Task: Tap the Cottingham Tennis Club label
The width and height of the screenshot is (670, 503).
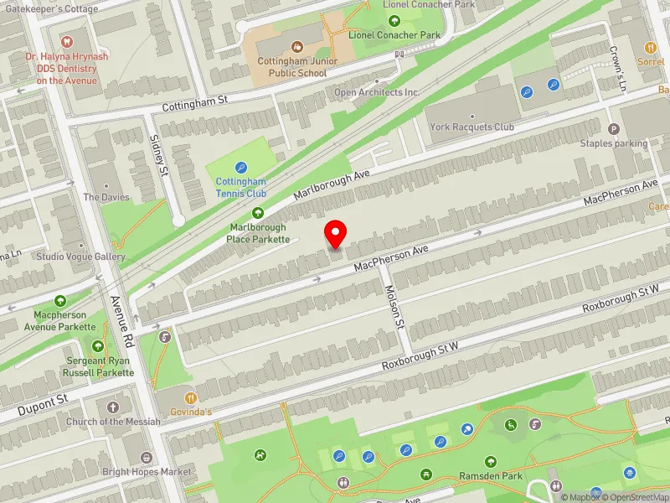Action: tap(241, 187)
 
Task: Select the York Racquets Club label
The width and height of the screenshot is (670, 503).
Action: tap(472, 127)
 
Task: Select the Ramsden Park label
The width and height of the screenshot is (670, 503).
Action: tap(491, 476)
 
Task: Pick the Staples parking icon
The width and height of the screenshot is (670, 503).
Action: tap(614, 129)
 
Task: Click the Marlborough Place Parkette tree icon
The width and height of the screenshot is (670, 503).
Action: tap(257, 213)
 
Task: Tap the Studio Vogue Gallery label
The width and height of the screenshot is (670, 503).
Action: tap(80, 257)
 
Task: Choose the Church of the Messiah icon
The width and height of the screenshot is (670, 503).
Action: tap(112, 407)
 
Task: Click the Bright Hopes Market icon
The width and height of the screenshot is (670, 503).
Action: tap(147, 458)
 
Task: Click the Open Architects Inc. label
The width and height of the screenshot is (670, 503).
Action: tap(376, 92)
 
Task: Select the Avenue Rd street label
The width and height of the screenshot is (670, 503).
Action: tap(123, 321)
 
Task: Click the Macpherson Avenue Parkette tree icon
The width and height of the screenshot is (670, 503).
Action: tap(60, 300)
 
